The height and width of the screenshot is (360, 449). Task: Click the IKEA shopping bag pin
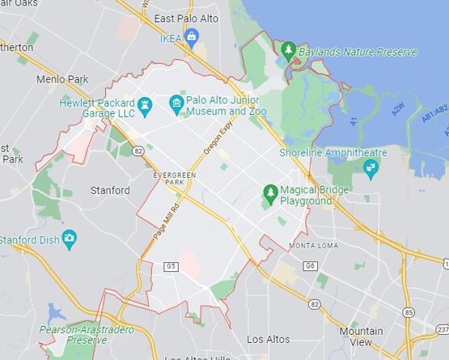tap(191, 36)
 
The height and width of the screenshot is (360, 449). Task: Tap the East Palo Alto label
tap(186, 18)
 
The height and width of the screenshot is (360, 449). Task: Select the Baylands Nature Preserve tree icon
tap(289, 51)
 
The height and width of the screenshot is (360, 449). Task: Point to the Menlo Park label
tap(61, 79)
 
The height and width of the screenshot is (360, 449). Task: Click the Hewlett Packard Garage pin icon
tap(145, 104)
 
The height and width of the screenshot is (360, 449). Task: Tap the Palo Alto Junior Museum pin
tap(176, 103)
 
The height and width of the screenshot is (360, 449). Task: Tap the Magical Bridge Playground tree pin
tap(270, 192)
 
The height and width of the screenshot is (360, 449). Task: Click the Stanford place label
tap(110, 191)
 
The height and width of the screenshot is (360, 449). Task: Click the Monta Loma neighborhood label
tap(313, 245)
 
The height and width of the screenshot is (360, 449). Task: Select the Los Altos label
tap(268, 338)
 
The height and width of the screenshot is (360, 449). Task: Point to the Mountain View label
tap(362, 337)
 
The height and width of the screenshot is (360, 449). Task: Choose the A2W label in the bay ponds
tap(400, 109)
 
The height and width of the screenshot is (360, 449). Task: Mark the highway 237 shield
tap(443, 329)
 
